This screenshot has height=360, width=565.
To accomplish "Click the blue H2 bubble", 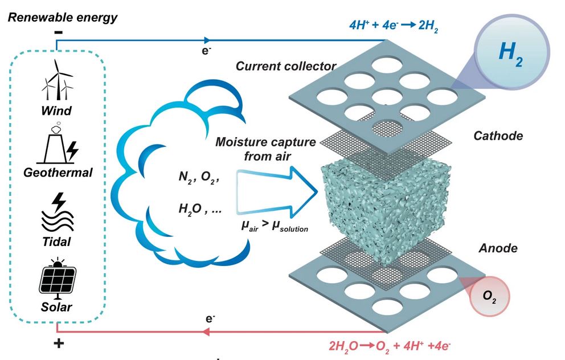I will [510, 54].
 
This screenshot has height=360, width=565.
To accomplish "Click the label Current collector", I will [286, 66].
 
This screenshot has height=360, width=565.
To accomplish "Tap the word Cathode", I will [498, 136].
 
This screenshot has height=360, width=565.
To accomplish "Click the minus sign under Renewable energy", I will [58, 32].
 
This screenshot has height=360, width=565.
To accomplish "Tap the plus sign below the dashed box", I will [59, 343].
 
